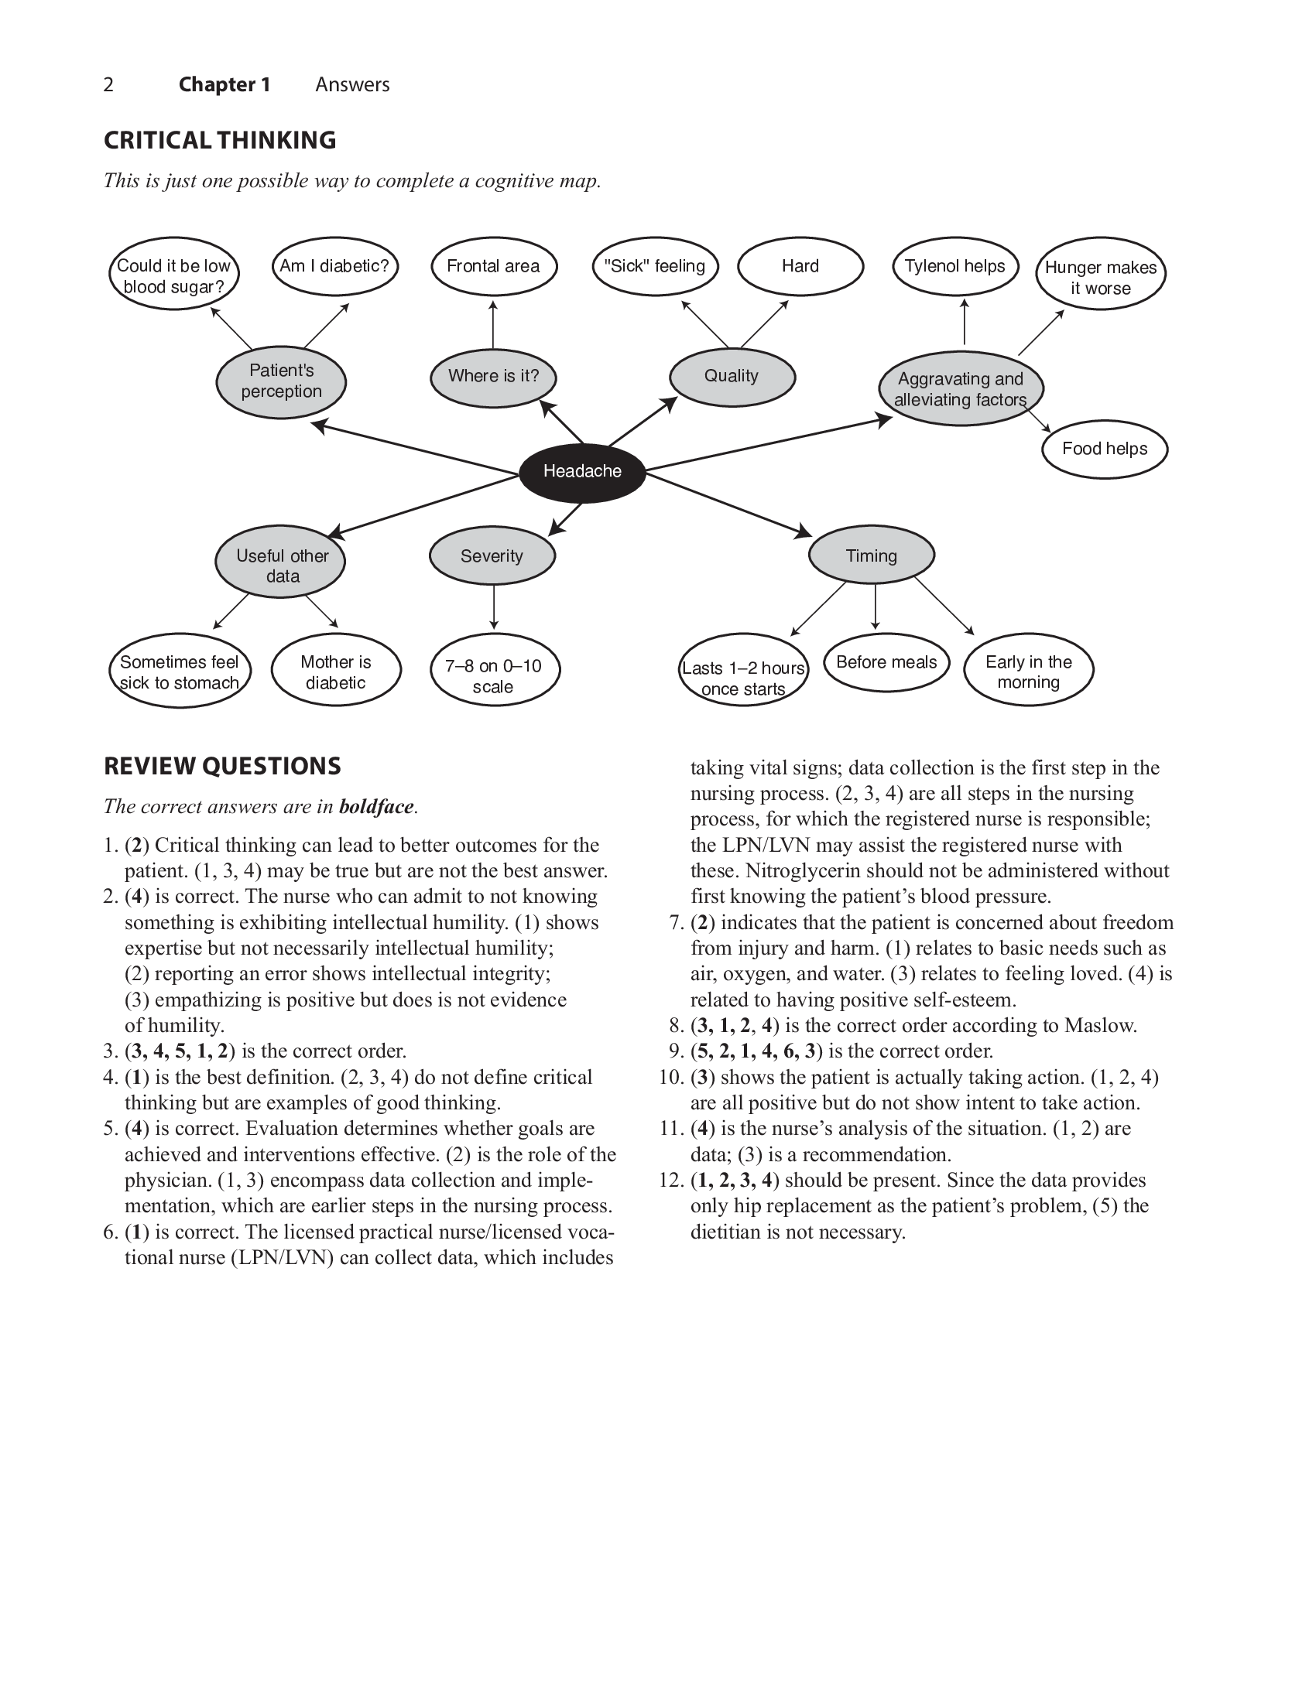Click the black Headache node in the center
click(x=581, y=471)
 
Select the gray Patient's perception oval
click(x=281, y=381)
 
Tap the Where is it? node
click(x=492, y=377)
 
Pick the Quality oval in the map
click(x=732, y=377)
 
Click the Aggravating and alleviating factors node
click(x=960, y=389)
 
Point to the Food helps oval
click(x=1104, y=449)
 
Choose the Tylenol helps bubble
click(x=954, y=267)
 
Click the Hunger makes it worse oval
click(x=1100, y=278)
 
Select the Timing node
click(x=871, y=555)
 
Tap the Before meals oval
click(x=886, y=662)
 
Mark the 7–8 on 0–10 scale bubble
click(x=494, y=675)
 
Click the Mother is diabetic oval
click(x=335, y=672)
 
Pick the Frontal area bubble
click(x=492, y=267)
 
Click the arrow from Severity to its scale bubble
click(x=494, y=607)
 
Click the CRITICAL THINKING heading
click(x=220, y=140)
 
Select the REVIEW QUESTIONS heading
click(x=222, y=766)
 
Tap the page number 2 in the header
click(x=108, y=85)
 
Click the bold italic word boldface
click(x=375, y=807)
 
